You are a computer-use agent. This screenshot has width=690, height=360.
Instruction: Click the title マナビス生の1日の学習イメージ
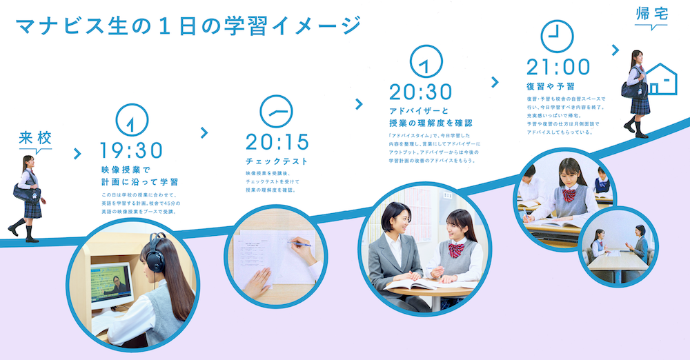tap(188, 26)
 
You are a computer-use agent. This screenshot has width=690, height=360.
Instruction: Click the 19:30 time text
tap(131, 150)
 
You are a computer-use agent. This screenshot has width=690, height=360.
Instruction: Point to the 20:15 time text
tap(277, 142)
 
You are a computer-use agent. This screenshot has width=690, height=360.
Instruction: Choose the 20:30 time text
tap(420, 92)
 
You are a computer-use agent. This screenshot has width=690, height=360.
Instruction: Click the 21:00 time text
tap(558, 68)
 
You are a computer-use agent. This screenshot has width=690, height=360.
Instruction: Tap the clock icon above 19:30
tap(132, 120)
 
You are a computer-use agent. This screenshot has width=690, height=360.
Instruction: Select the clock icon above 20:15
tap(277, 111)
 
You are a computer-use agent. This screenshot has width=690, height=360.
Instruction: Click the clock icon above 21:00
tap(557, 36)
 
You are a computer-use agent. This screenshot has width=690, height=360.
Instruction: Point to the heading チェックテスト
tap(277, 161)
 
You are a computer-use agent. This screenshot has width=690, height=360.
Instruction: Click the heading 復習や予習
tap(551, 86)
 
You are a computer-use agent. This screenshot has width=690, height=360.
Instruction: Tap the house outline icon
tap(661, 79)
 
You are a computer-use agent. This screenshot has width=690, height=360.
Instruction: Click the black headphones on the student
tap(155, 254)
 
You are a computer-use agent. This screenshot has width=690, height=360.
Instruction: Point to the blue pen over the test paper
tap(299, 243)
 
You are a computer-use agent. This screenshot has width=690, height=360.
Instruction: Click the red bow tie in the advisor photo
tap(456, 250)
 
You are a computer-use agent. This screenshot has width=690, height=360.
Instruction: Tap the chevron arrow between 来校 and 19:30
tap(77, 153)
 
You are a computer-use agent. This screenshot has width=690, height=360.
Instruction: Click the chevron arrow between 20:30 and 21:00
tap(495, 82)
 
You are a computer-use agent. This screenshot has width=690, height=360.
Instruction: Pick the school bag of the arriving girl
tap(27, 192)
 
